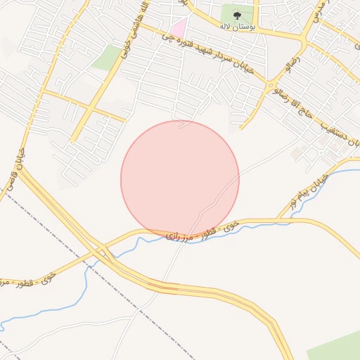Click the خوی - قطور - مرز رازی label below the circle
point(203,229)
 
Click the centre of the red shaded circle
point(180,180)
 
